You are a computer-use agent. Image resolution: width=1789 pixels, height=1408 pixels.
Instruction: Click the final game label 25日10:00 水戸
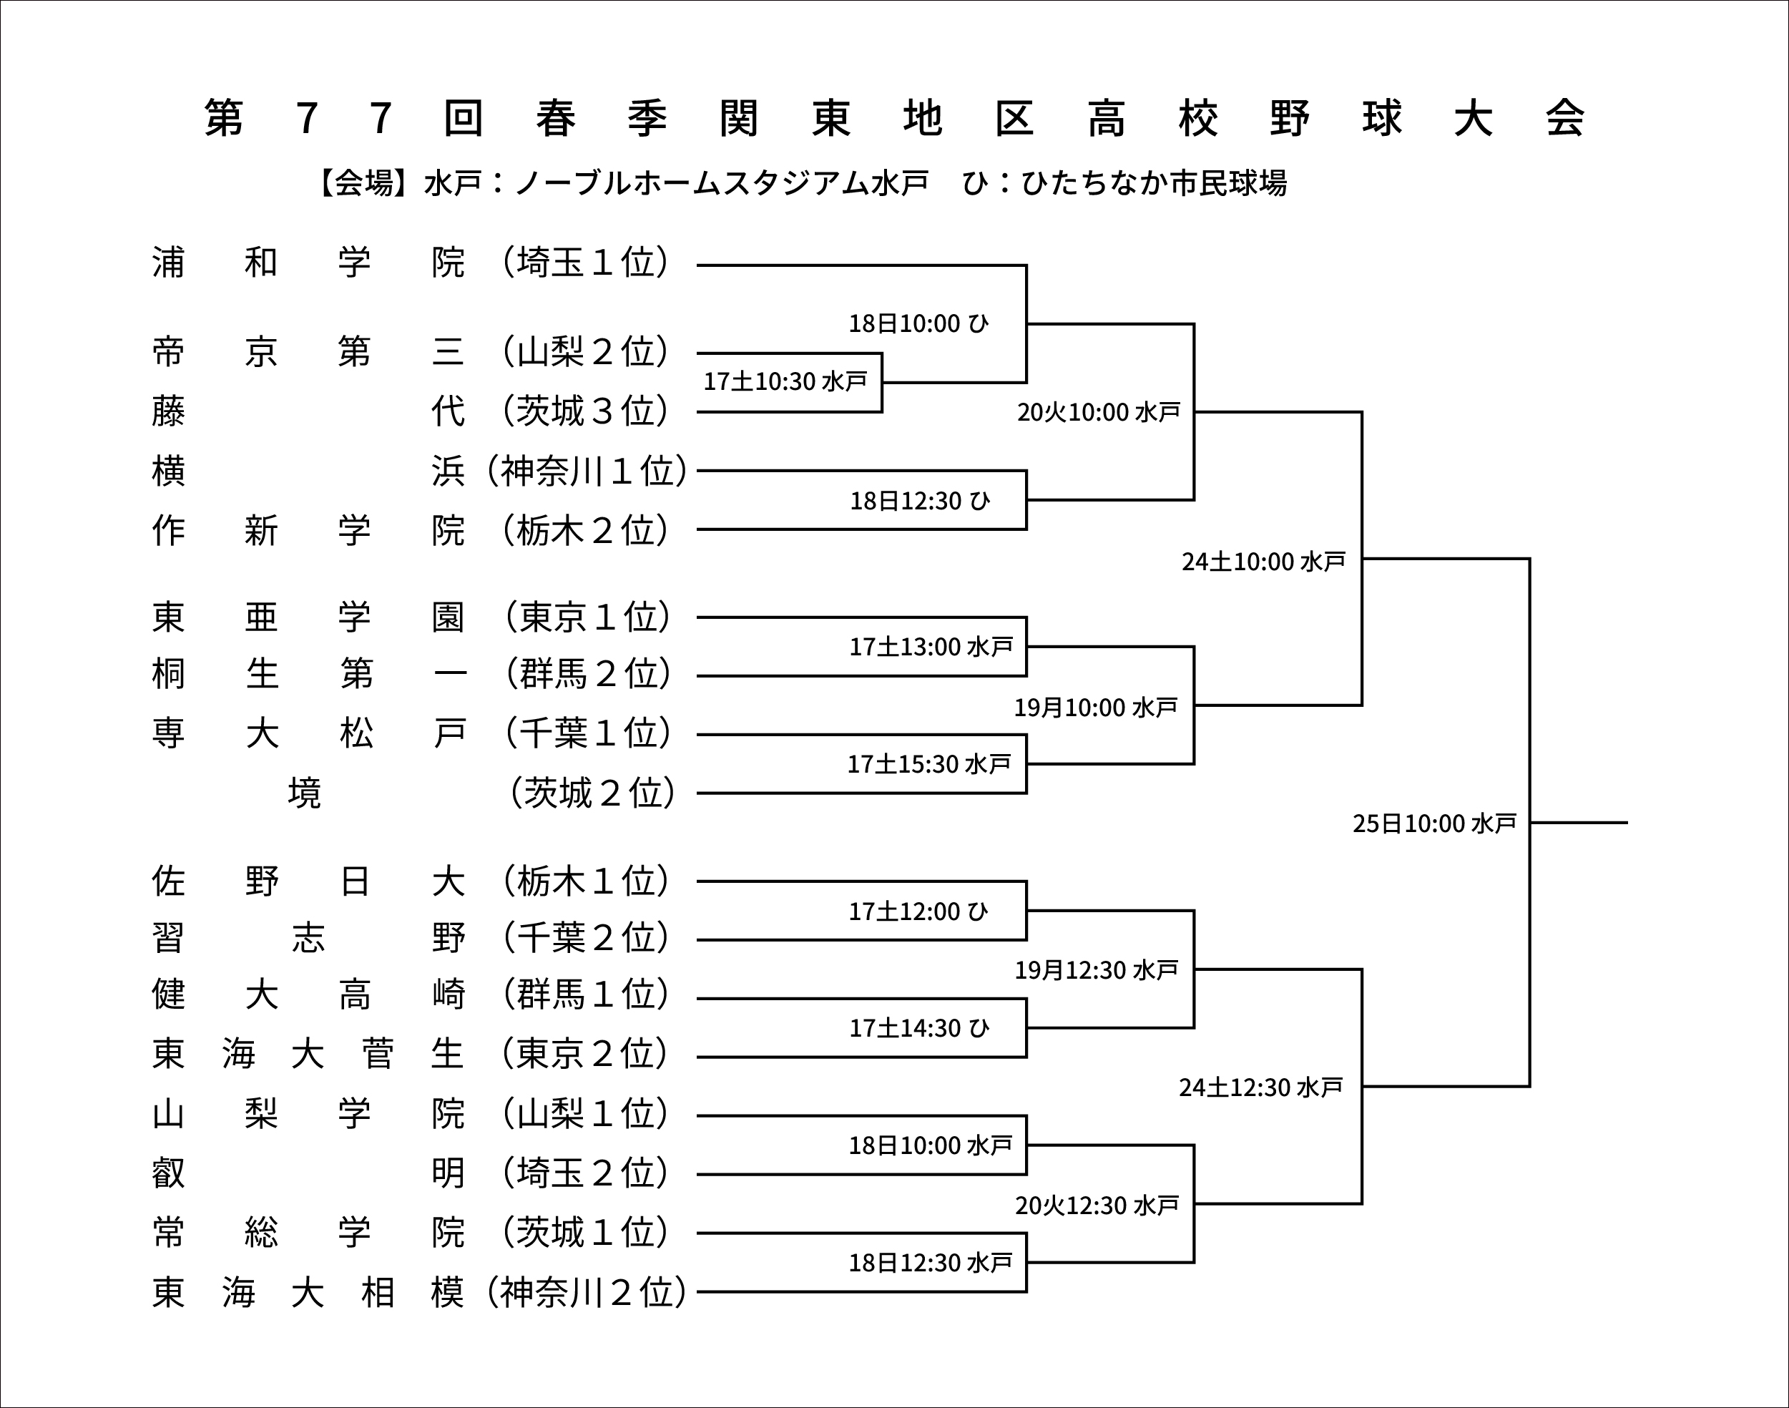pos(1433,823)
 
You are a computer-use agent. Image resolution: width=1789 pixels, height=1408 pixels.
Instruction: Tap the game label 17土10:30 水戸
pos(785,381)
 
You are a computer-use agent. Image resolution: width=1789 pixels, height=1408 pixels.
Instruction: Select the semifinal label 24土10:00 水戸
pos(1263,562)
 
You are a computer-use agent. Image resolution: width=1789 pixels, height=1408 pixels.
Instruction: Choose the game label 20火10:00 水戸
pos(1099,411)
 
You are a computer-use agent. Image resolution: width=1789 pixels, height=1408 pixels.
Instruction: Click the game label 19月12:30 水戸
pos(1096,969)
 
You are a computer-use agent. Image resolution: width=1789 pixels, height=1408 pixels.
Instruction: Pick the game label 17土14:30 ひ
pos(918,1028)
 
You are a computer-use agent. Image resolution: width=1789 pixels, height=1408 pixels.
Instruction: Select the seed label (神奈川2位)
pos(586,1292)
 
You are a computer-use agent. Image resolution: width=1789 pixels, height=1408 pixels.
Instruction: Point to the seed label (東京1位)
pos(587,617)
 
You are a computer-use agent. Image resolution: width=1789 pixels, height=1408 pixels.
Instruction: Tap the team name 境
pos(304,793)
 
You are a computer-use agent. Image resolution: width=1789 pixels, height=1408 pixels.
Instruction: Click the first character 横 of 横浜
pos(168,471)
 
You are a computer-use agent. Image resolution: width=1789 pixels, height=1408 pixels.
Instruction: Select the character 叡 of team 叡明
pos(168,1173)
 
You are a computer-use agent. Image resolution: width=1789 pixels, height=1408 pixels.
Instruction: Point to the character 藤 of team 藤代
pos(168,411)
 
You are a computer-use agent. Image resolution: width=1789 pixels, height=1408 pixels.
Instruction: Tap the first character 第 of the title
pos(223,118)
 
